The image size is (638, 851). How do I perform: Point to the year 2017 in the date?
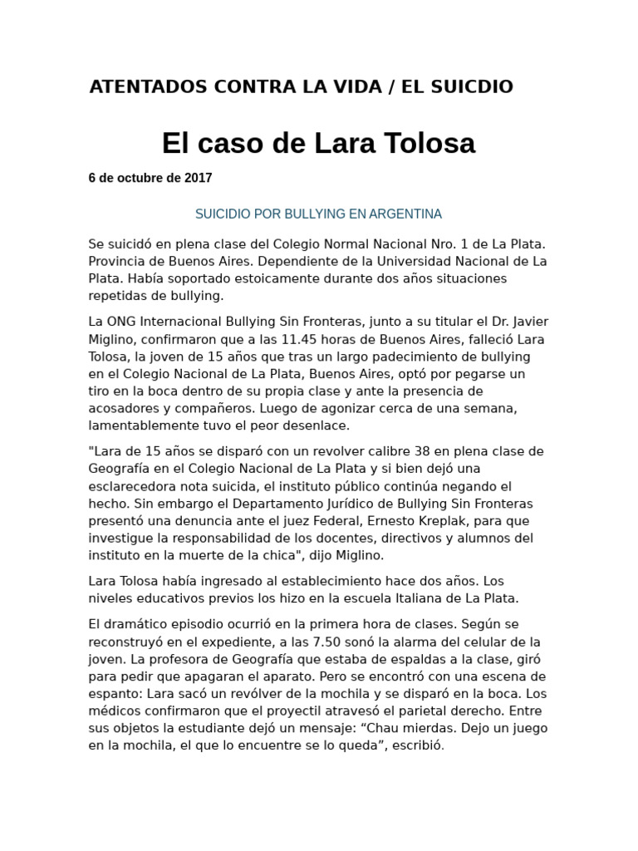click(198, 178)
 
